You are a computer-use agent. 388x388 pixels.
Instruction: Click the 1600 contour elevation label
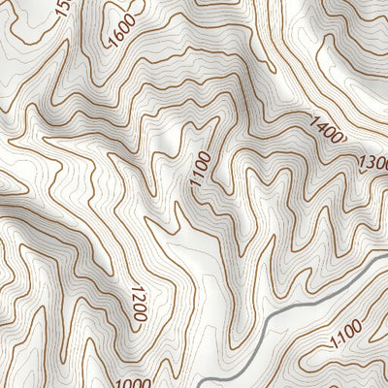(x=123, y=30)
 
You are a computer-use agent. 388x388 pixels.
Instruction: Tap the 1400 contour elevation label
(x=328, y=130)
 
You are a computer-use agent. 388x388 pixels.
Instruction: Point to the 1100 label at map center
(x=200, y=171)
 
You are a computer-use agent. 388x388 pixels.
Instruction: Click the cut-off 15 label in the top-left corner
(x=64, y=9)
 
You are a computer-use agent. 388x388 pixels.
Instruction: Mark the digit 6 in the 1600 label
(x=119, y=35)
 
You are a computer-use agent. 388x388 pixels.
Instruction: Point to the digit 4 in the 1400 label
(x=321, y=126)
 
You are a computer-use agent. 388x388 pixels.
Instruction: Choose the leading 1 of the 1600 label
(x=113, y=41)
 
